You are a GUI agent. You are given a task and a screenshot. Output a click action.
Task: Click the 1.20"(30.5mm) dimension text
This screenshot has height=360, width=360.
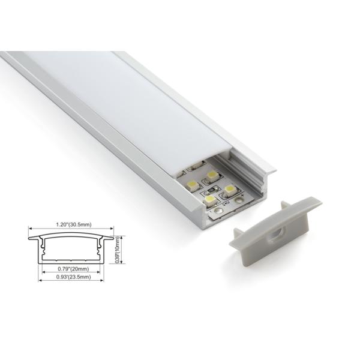[x=71, y=224]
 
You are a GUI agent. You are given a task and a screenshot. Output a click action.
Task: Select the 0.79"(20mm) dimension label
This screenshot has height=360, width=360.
[x=71, y=269]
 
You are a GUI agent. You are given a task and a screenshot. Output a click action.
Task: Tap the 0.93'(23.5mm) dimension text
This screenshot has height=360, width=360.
[x=71, y=277]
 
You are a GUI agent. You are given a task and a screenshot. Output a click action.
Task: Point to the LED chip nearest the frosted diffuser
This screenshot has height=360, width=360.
[x=212, y=175]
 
